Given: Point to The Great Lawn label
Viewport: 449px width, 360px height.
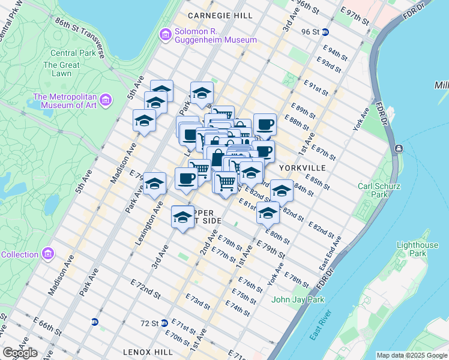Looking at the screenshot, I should [x=61, y=70].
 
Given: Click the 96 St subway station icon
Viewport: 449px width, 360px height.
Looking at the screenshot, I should [x=325, y=32].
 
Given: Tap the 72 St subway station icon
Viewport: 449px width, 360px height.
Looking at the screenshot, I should [x=163, y=323].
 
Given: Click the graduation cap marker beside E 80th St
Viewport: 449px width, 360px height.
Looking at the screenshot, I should [x=268, y=212].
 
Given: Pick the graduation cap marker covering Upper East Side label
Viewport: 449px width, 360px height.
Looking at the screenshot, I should [x=182, y=217].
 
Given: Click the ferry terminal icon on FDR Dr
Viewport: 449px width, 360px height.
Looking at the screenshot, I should [x=398, y=148].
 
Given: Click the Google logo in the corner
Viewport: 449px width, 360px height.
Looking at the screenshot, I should [x=20, y=353].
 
